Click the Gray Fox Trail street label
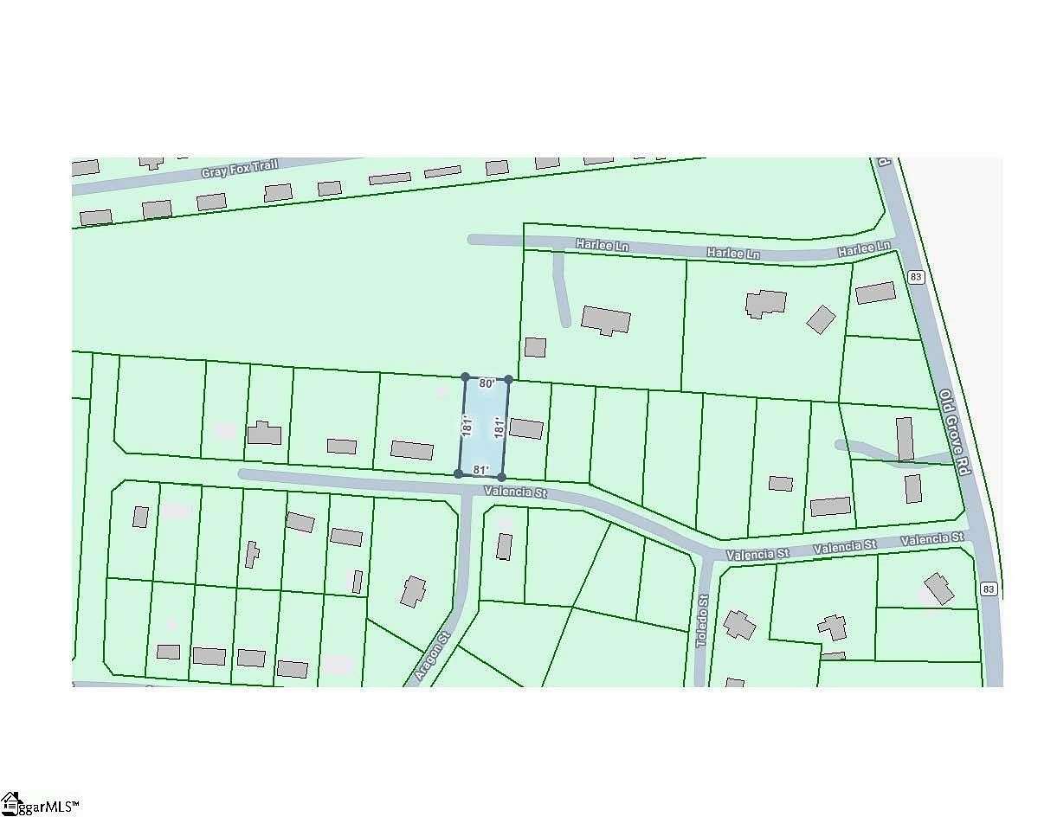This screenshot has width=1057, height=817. (239, 167)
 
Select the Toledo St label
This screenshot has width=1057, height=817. (703, 621)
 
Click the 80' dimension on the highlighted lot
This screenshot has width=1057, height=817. (487, 383)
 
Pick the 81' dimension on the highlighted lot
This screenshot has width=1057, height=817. (481, 470)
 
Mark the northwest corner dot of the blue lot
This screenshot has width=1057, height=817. (465, 377)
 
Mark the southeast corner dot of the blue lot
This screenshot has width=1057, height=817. (502, 477)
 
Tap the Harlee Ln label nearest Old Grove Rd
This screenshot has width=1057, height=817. (863, 249)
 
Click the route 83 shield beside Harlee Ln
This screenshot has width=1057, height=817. (916, 276)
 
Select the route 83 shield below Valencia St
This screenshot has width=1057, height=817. (989, 589)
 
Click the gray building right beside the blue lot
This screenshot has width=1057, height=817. (526, 428)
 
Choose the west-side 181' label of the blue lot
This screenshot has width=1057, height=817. (466, 426)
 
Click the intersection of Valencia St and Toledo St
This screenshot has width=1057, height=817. (707, 556)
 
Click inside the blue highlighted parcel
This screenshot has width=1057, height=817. (483, 426)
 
